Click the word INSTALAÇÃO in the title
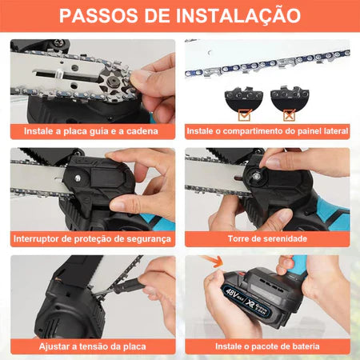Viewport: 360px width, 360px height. [238, 15]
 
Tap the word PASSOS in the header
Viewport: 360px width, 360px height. [98, 15]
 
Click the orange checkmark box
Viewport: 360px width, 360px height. [245, 114]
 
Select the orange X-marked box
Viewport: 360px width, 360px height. [289, 114]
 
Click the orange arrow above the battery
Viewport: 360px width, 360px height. [213, 260]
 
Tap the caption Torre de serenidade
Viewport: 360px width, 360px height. [267, 238]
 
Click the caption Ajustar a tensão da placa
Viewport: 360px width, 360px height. [93, 346]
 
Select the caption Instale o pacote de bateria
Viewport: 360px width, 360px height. [267, 346]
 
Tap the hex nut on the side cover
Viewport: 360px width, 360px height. [257, 176]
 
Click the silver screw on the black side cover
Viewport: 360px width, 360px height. [78, 178]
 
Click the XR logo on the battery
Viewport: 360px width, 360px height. [251, 303]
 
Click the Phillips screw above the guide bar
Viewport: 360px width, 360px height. [58, 42]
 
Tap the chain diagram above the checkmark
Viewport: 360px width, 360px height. [244, 98]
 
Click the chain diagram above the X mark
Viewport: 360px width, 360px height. [290, 97]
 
